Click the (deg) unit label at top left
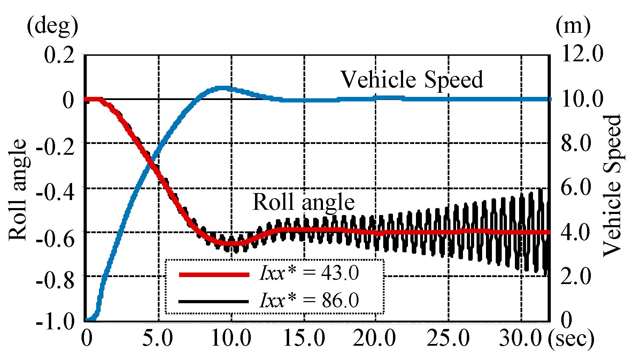click(x=52, y=26)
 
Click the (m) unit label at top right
click(x=573, y=26)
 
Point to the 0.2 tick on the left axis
click(x=60, y=55)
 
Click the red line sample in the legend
click(x=214, y=275)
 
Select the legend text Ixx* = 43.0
click(x=309, y=273)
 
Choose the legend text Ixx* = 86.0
click(x=309, y=300)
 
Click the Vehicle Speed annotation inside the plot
click(x=412, y=80)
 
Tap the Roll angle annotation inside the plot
click(x=303, y=202)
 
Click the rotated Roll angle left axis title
click(x=17, y=190)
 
